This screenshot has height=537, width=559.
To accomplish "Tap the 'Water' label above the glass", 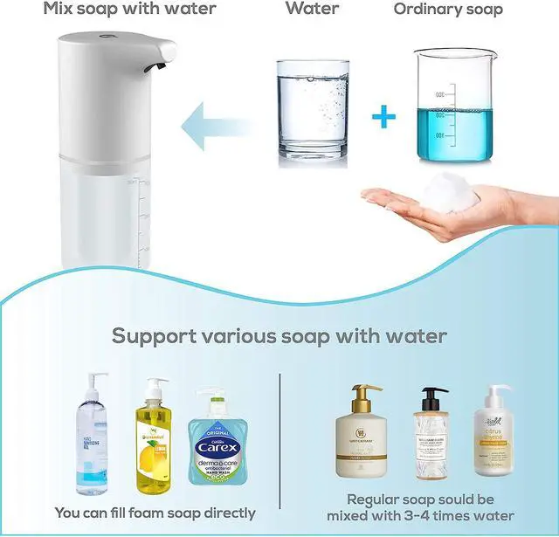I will [312, 10].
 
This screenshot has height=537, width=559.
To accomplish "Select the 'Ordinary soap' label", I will [460, 10].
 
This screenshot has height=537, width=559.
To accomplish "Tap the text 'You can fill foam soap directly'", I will [155, 513].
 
